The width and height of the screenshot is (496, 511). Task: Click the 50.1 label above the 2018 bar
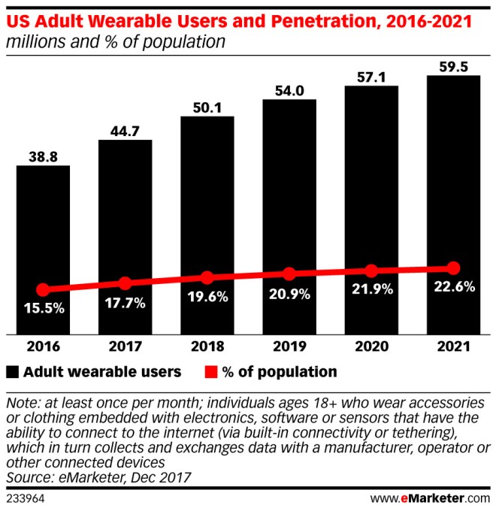pos(207,107)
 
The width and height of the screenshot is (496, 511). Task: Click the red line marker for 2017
pos(126,283)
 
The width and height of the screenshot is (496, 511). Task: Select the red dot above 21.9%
pos(371,271)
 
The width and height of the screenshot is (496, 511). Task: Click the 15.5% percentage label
pos(43,308)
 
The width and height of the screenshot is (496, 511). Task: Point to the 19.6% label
pos(207,296)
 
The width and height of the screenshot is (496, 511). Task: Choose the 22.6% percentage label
pos(453,286)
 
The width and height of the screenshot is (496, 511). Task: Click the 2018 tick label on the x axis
pos(207,347)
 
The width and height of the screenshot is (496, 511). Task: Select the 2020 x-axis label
pos(371,347)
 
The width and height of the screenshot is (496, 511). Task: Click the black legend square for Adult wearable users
pos(13,371)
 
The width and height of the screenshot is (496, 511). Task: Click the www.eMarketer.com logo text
pos(431,497)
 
